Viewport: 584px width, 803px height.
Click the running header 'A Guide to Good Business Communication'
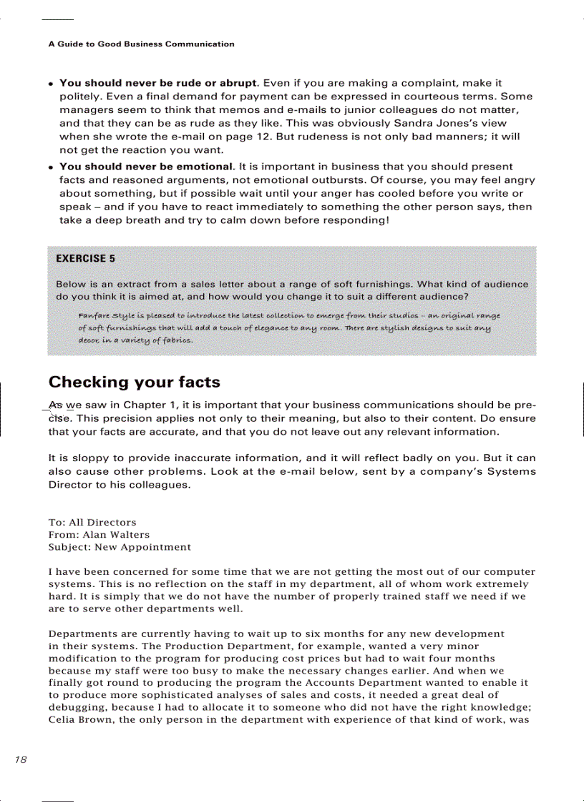pos(141,44)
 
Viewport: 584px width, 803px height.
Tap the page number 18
pos(21,759)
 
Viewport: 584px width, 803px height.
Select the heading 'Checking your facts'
pos(134,382)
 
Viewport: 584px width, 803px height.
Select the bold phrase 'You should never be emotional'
pos(147,167)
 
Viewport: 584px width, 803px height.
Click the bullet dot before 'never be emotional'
pos(52,167)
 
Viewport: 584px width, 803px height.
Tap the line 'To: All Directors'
pos(92,522)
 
